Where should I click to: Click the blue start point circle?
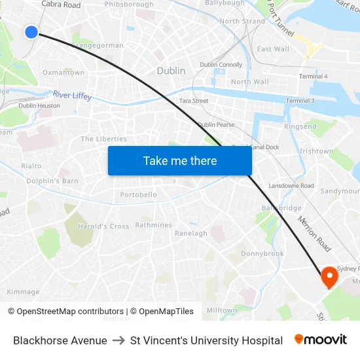coord(31,31)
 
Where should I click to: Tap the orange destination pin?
coord(328,277)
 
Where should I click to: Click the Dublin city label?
coord(171,71)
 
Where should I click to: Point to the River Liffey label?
coord(72,96)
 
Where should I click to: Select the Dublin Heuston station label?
coord(39,105)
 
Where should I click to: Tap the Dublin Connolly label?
coord(221,65)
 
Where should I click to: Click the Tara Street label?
coord(194,101)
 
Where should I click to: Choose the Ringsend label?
coord(300,126)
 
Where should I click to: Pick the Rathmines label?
coord(154,225)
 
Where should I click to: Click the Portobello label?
coord(139,194)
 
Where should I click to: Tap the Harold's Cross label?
coord(103,226)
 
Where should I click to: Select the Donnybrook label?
coord(262,253)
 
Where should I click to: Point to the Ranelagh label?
coord(191,233)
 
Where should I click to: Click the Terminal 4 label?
coord(313,77)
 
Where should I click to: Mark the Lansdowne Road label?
coord(291,186)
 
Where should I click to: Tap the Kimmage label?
coord(23,292)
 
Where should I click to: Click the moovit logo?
coord(321,340)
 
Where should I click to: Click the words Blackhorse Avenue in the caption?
coord(60,340)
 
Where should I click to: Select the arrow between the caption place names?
coord(118,340)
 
